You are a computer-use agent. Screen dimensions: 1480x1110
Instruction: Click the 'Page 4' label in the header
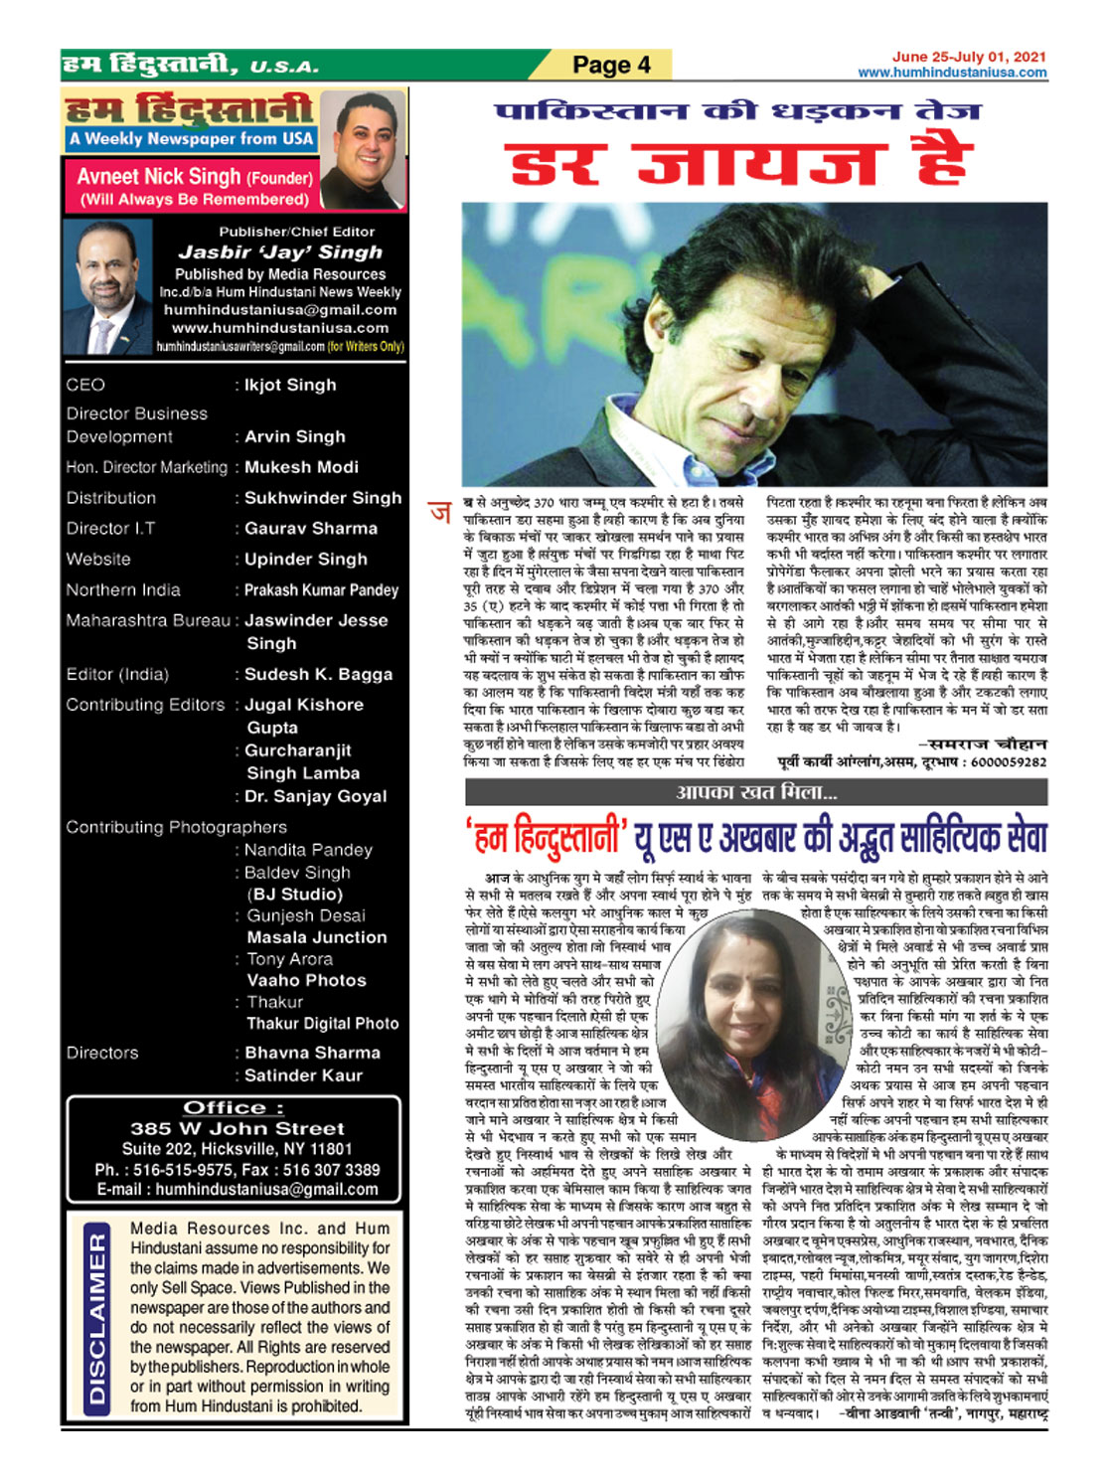pos(611,65)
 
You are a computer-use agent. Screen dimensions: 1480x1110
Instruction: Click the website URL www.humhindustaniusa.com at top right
pos(952,73)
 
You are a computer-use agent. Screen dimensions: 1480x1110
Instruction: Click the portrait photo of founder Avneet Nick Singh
pos(363,149)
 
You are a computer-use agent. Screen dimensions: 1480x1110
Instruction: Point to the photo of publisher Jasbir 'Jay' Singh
pos(106,287)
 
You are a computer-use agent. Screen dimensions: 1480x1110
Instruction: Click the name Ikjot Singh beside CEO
pos(290,385)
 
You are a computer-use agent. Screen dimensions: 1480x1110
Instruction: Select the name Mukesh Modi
pos(301,467)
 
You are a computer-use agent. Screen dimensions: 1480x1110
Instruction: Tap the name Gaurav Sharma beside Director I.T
pos(311,529)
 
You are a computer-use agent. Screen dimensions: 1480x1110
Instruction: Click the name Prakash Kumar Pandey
pos(321,590)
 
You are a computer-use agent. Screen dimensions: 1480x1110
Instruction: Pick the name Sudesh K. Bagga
pos(318,674)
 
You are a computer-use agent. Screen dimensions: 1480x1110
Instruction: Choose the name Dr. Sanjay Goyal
pos(316,796)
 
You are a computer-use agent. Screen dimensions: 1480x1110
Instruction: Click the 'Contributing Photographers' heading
pos(176,827)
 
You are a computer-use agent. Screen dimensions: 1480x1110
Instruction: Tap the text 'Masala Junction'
pos(316,937)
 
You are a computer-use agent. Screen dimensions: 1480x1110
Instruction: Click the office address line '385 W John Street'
pos(237,1129)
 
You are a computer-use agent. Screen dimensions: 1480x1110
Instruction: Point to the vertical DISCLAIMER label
pos(96,1317)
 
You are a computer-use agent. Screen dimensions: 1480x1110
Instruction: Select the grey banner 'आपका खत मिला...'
pos(755,792)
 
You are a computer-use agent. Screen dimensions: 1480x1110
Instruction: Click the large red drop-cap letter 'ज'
pos(439,513)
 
